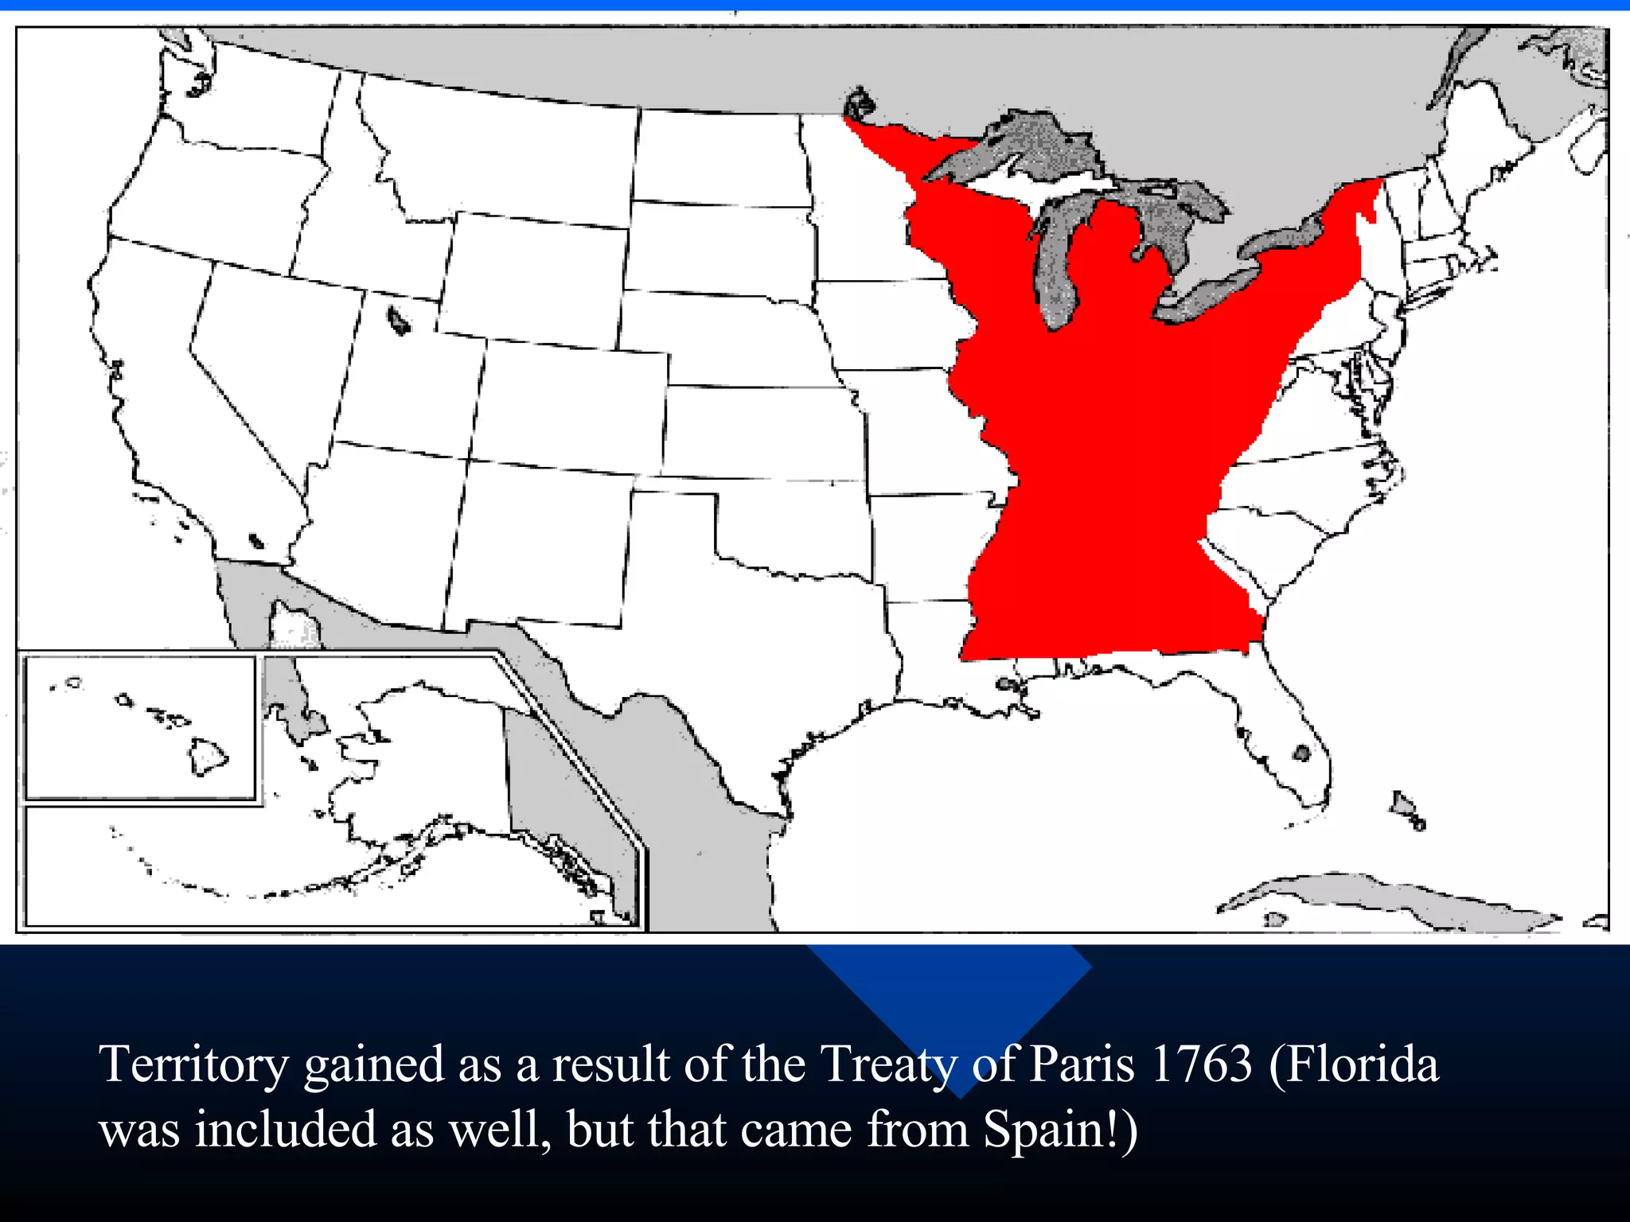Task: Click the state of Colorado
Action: click(571, 407)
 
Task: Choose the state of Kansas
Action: click(762, 434)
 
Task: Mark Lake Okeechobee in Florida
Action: click(1301, 752)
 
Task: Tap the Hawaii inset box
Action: click(140, 727)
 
